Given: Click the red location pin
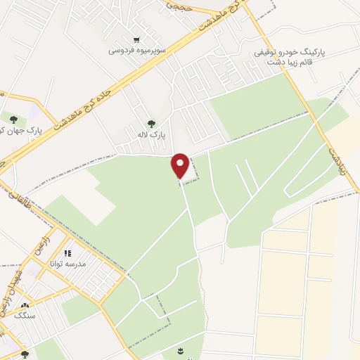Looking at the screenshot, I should pyautogui.click(x=181, y=165).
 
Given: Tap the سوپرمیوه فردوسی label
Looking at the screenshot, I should pyautogui.click(x=137, y=51).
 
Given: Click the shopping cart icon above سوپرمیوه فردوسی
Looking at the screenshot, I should pyautogui.click(x=136, y=40).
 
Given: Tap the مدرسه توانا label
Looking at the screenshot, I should pyautogui.click(x=67, y=264).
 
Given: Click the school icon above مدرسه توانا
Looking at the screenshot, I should pyautogui.click(x=67, y=253).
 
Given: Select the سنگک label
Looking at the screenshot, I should pyautogui.click(x=25, y=316).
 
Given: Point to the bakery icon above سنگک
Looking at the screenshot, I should pyautogui.click(x=25, y=306).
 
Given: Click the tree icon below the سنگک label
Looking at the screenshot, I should pyautogui.click(x=25, y=355).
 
